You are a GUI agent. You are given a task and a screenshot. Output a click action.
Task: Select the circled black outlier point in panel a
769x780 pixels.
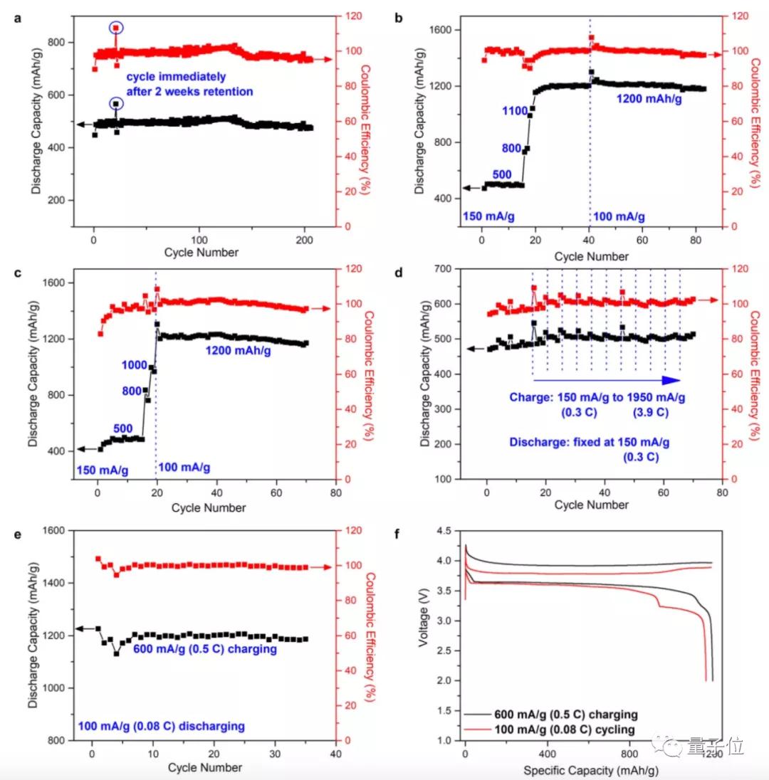pos(116,104)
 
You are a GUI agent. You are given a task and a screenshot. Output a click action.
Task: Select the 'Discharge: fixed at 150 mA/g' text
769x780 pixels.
pos(590,442)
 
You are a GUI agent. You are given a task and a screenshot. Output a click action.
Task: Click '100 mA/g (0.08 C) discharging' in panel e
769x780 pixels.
pos(161,726)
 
